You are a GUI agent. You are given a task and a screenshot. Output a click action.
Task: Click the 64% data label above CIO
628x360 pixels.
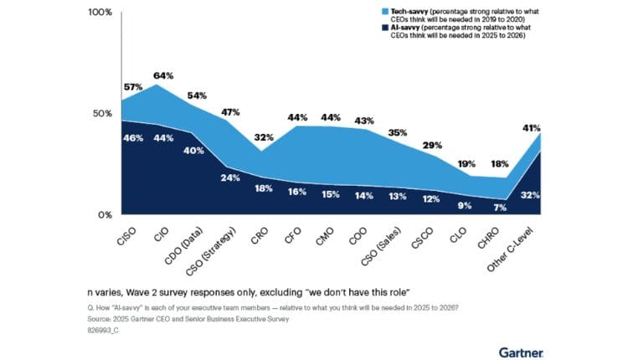pos(164,75)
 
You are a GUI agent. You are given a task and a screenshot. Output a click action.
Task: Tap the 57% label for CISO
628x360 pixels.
pos(133,87)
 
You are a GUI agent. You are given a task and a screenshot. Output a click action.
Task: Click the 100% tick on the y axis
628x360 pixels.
pos(100,13)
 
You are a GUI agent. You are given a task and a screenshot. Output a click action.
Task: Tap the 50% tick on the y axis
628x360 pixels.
pos(102,114)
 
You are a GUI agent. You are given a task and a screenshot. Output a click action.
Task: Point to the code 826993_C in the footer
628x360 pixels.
pos(106,331)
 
